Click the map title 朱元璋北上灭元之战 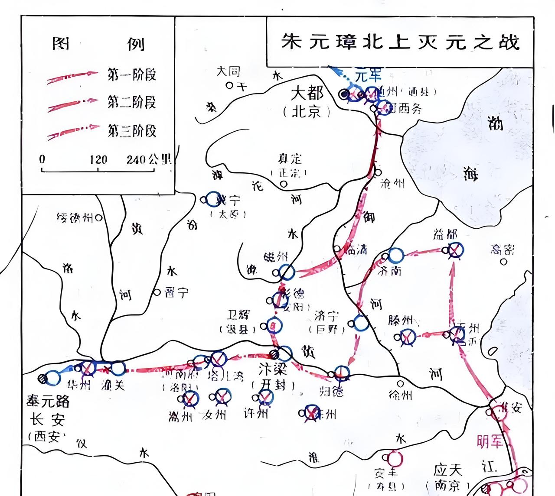(x=400, y=42)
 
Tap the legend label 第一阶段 (x=131, y=75)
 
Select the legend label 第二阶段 (x=131, y=102)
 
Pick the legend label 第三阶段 (x=131, y=130)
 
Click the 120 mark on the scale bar (x=98, y=159)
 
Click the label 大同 (x=229, y=71)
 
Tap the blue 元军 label (x=368, y=76)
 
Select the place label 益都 (x=445, y=235)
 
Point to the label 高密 (x=503, y=250)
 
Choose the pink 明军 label (x=490, y=441)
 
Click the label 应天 (x=447, y=470)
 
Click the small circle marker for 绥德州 (x=99, y=218)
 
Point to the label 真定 (x=290, y=159)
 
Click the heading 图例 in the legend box (x=98, y=44)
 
